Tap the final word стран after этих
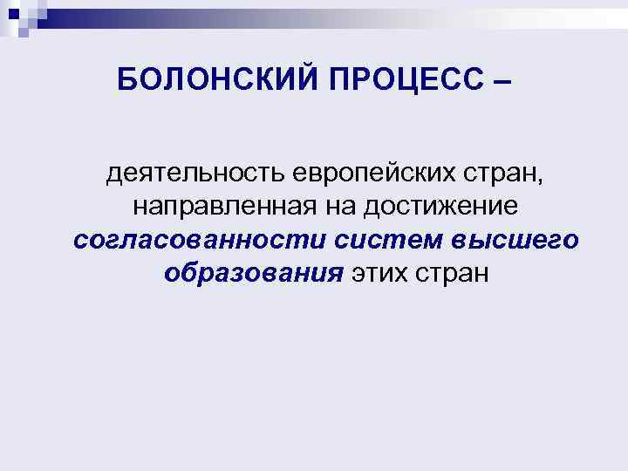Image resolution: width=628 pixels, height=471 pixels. [x=455, y=272]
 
